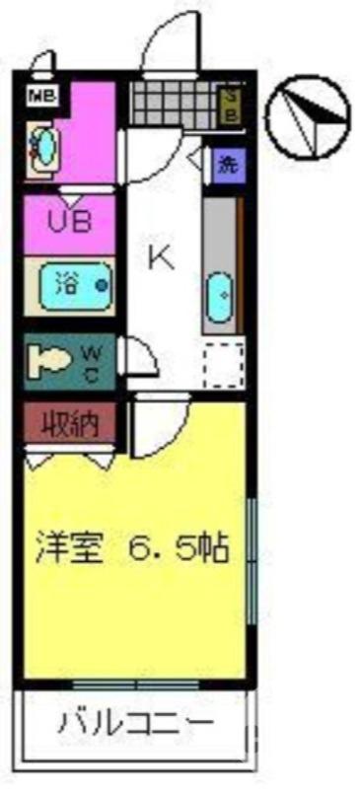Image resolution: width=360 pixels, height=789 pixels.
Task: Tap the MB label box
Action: pos(42,96)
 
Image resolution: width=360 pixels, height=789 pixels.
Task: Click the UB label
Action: pos(70,221)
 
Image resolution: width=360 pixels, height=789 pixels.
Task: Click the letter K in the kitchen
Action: pos(160,257)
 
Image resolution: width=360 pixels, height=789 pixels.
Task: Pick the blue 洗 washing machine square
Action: pos(228,164)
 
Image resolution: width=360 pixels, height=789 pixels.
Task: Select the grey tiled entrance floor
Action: pos(173,104)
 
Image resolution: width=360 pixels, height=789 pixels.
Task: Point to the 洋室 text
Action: pos(70,545)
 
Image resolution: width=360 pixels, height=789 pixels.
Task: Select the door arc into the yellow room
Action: pos(158,424)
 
